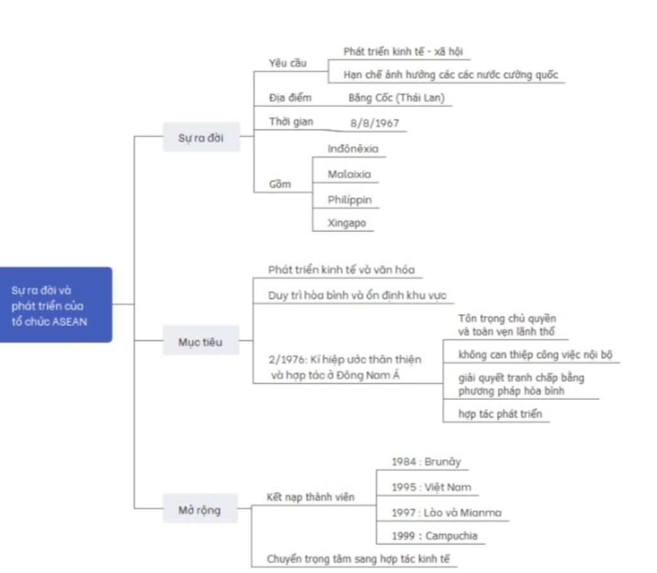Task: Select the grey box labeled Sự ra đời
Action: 201,137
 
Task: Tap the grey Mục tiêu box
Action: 201,342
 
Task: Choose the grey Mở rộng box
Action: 200,510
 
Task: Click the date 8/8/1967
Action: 375,123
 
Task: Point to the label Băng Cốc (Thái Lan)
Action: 396,98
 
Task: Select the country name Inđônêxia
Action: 353,149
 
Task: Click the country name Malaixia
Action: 349,174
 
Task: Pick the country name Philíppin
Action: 350,199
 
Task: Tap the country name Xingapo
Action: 347,223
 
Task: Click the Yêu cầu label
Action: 288,63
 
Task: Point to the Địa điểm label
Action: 290,98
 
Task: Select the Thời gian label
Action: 291,122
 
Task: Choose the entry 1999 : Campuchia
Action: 434,536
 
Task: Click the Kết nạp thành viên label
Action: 311,497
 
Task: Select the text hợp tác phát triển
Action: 500,414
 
